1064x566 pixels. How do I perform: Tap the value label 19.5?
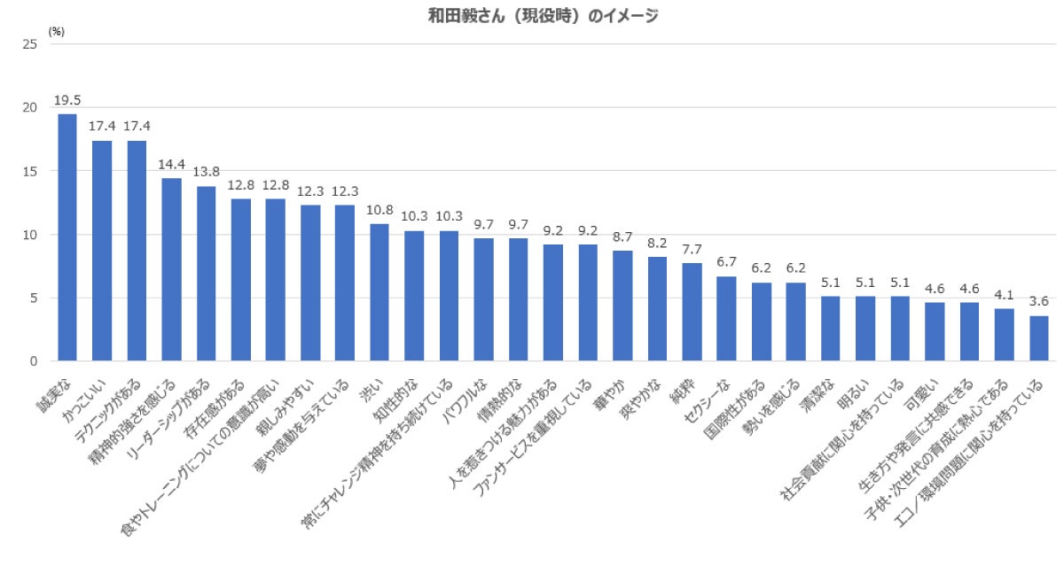click(67, 100)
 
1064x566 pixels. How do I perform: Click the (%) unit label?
click(57, 31)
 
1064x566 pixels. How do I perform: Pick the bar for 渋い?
click(379, 292)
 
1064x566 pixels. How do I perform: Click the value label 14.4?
click(171, 164)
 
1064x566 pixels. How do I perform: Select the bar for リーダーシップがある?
click(206, 274)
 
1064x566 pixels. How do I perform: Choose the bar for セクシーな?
click(726, 319)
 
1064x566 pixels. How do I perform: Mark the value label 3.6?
click(1038, 301)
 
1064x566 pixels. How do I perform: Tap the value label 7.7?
click(692, 249)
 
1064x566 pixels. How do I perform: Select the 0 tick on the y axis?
click(33, 361)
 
